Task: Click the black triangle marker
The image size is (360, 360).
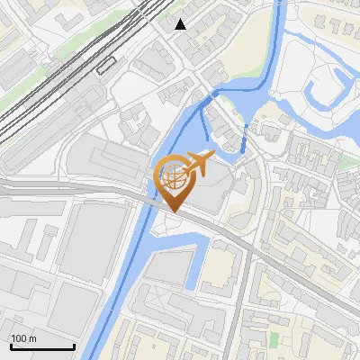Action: [x=181, y=24]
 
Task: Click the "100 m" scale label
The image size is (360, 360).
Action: [x=24, y=338]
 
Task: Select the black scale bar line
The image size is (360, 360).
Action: [x=41, y=347]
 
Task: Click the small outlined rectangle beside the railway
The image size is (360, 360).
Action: [x=107, y=64]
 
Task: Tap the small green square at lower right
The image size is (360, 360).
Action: [x=274, y=339]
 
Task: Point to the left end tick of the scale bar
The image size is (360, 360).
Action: [x=11, y=346]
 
